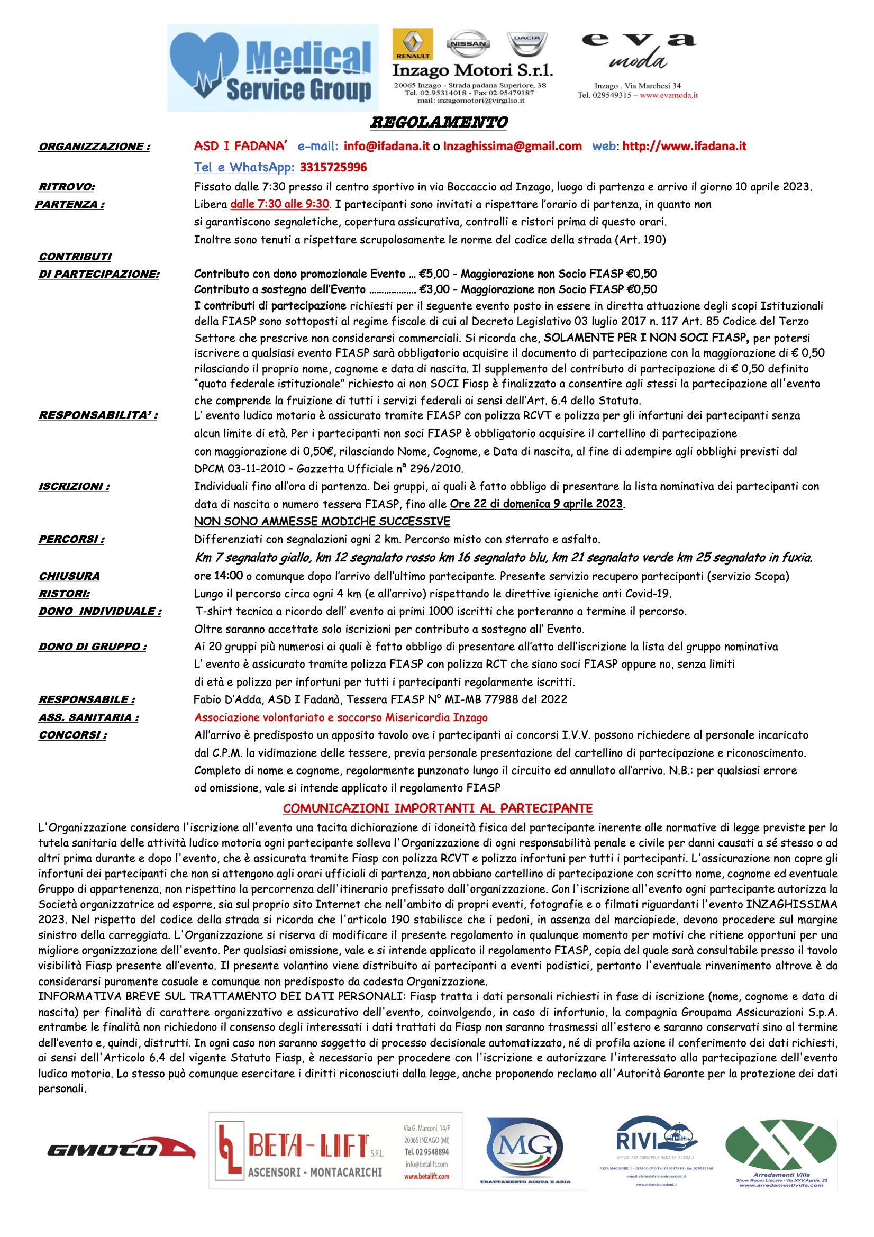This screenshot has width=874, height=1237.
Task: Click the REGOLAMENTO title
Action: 438,122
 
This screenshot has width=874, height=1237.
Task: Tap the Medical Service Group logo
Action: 272,68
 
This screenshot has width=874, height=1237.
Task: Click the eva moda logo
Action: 639,54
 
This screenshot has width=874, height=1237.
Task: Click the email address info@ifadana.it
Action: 386,146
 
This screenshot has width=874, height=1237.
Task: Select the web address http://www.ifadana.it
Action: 684,146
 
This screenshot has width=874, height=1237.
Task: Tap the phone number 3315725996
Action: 333,167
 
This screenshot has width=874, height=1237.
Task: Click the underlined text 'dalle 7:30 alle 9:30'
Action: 279,204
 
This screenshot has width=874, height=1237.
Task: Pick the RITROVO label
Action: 66,187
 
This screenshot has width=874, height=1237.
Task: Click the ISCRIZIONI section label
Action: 74,487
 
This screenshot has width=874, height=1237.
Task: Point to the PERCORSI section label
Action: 71,539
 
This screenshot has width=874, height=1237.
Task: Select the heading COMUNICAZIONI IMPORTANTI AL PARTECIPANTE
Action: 438,808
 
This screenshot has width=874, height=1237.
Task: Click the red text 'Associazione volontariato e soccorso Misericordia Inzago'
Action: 341,717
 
